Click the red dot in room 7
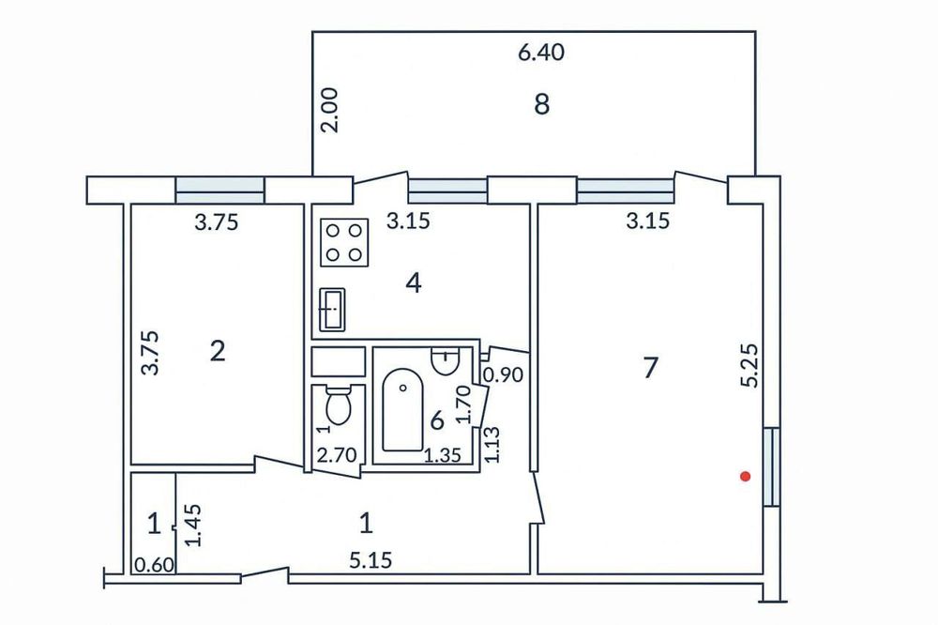coord(745,477)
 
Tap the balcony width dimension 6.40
coord(541,53)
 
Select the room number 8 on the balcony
coord(541,105)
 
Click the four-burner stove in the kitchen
coord(344,242)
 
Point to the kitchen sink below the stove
coord(333,309)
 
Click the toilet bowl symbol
coord(339,406)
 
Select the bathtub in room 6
coord(403,409)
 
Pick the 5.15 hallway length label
coord(371,560)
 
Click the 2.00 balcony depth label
coord(329,110)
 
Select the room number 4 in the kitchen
coord(414,282)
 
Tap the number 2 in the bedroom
coord(218,351)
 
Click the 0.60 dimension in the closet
coord(154,565)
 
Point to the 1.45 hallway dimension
coord(193,526)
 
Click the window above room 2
coord(219,191)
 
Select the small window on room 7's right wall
coord(772,466)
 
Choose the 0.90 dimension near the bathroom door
coord(503,375)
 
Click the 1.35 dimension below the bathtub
coord(443,455)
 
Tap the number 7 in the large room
coord(650,367)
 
